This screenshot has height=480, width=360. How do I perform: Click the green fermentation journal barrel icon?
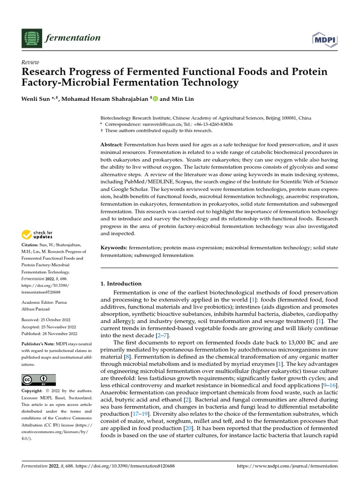(x=31, y=38)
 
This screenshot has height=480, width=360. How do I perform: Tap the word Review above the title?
(x=30, y=62)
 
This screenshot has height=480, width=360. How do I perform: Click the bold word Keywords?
(x=114, y=247)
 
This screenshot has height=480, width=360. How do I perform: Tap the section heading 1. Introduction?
(x=121, y=284)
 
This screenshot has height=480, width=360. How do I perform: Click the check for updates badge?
(x=37, y=235)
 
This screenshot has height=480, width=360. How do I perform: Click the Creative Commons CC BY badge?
(x=39, y=379)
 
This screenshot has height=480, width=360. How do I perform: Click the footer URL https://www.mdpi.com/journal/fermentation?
(x=287, y=466)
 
